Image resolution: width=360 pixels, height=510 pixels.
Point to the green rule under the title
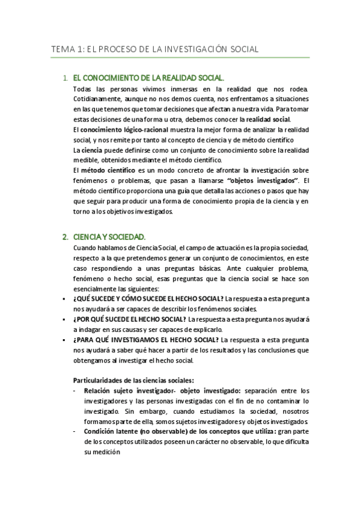pyautogui.click(x=180, y=58)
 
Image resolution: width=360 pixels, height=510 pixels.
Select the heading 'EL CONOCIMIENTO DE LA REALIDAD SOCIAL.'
pyautogui.click(x=148, y=78)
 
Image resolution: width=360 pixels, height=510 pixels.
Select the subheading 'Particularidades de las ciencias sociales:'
pyautogui.click(x=133, y=381)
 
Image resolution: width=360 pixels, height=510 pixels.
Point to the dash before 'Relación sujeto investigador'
pyautogui.click(x=75, y=391)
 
